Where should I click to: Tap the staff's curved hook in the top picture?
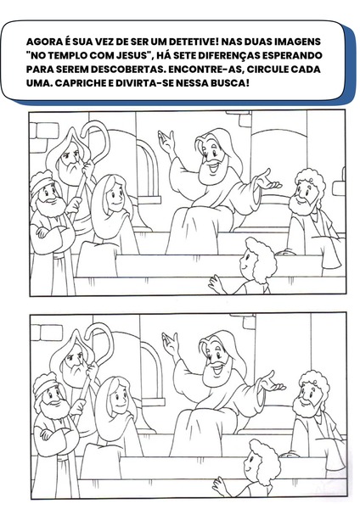point(96,138)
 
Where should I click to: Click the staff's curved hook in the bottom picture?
point(99,341)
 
